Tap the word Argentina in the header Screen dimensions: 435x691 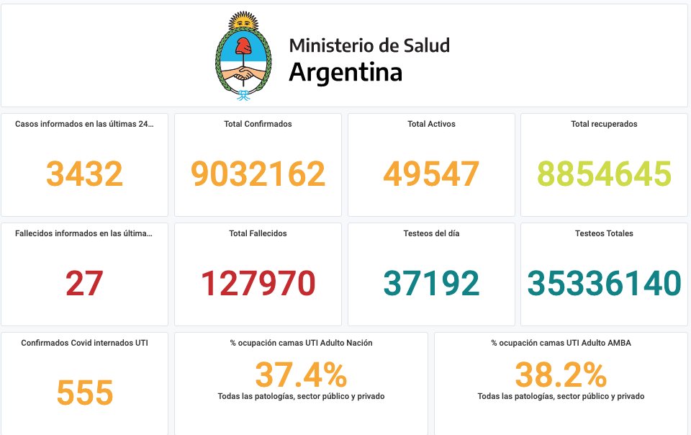pos(345,73)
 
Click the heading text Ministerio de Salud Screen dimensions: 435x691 pos(369,45)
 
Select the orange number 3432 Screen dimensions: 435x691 pos(84,174)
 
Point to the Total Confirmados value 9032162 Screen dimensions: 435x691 pos(258,174)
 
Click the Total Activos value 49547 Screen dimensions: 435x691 pos(431,174)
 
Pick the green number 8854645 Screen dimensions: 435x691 pos(604,174)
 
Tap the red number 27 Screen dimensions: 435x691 pos(84,283)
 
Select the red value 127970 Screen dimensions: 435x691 pos(258,283)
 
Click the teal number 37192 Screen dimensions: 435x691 pos(431,283)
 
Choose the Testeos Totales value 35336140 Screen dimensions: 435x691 pos(604,283)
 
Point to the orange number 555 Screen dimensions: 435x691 pos(84,393)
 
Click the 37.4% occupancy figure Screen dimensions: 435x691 pos(301,375)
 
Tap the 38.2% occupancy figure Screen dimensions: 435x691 pos(561,375)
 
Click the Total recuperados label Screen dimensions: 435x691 pos(604,124)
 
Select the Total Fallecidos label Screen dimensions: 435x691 pos(258,233)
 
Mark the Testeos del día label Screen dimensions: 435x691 pos(431,233)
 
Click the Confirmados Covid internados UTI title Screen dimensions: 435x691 pos(84,343)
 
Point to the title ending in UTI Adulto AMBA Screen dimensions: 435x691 pos(561,343)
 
